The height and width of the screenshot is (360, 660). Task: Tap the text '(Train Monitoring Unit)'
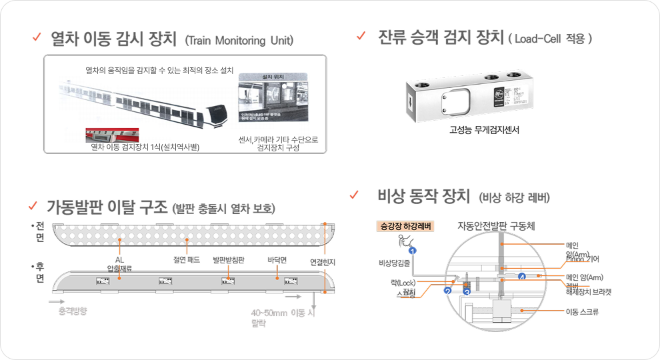tap(239, 41)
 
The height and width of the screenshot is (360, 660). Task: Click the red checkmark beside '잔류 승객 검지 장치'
tap(361, 35)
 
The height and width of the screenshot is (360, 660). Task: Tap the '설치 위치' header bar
tap(275, 77)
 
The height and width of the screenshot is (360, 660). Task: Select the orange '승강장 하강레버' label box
tap(405, 227)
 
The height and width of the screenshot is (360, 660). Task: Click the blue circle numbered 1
tap(413, 250)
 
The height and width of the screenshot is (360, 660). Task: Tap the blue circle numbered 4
tap(521, 275)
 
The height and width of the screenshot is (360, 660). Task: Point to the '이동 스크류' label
tap(581, 311)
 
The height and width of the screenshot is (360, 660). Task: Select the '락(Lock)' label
tap(403, 283)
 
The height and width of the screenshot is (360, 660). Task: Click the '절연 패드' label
tap(185, 260)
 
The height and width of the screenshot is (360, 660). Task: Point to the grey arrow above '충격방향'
tap(60, 301)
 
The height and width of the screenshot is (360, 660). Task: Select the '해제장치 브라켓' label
tap(588, 291)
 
